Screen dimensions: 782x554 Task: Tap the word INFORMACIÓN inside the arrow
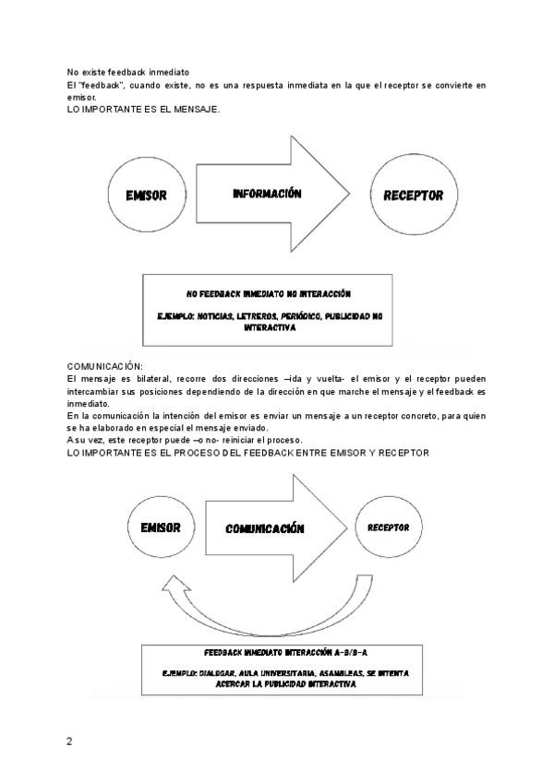coord(268,195)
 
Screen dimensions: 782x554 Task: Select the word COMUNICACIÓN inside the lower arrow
coord(265,529)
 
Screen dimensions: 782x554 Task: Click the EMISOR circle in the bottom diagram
coord(160,528)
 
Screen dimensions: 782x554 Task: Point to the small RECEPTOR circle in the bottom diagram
coord(388,527)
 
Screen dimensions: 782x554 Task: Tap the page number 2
coord(69,741)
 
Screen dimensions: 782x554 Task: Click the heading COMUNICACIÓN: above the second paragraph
coord(105,367)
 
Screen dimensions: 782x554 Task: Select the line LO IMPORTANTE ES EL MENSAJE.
coord(143,109)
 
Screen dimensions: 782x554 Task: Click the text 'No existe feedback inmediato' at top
coord(128,72)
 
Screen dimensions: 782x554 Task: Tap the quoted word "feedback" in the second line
coord(102,85)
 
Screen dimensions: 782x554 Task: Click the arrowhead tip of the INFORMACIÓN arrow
coord(349,195)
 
